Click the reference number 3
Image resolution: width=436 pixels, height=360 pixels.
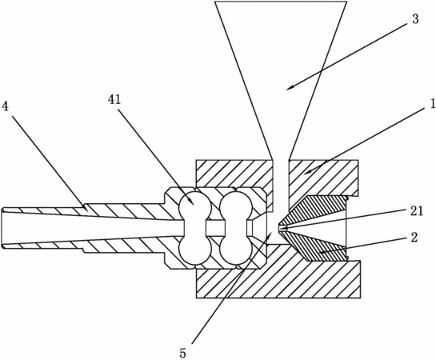415,19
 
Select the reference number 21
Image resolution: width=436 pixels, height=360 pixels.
416,211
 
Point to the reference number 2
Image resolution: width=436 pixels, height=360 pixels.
414,238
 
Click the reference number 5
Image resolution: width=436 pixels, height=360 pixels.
182,354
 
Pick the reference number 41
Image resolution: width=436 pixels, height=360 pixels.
114,100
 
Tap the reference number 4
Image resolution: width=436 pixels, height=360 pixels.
5,106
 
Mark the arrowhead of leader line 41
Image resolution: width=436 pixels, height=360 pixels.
193,202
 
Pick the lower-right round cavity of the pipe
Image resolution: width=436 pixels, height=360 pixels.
236,250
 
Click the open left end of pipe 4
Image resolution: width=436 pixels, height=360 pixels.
2,228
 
